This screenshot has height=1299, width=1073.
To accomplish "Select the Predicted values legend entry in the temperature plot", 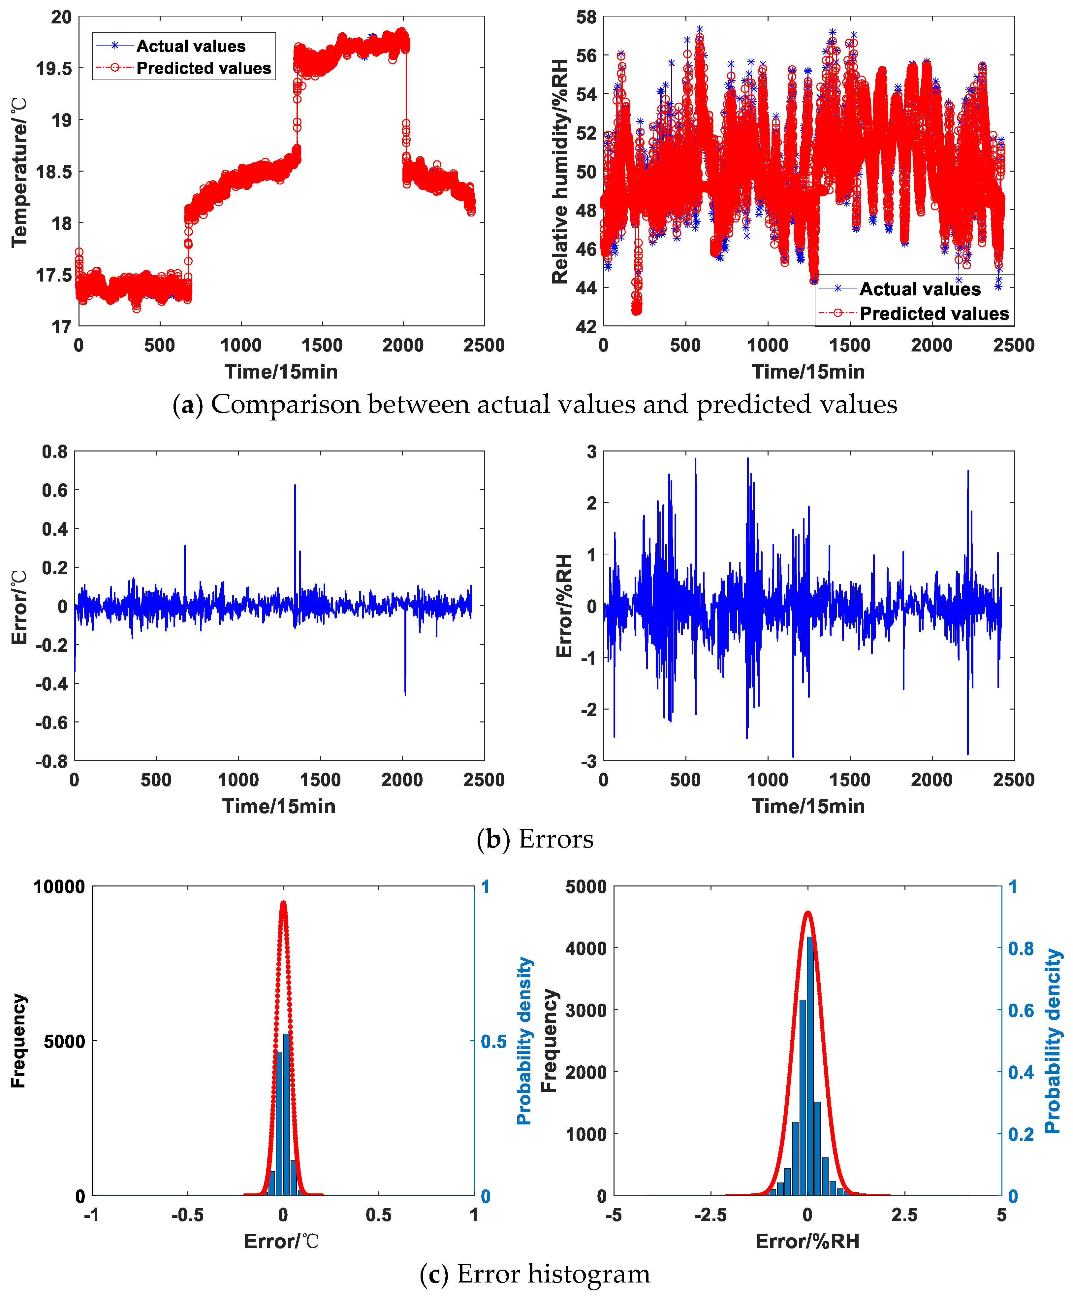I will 203,68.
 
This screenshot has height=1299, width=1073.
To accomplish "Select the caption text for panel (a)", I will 535,404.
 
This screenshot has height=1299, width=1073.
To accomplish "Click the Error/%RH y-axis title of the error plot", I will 564,606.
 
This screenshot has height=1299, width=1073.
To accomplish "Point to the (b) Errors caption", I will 535,839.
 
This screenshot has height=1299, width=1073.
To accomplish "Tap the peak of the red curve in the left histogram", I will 283,903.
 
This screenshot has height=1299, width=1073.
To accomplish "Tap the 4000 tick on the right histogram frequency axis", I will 586,949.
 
